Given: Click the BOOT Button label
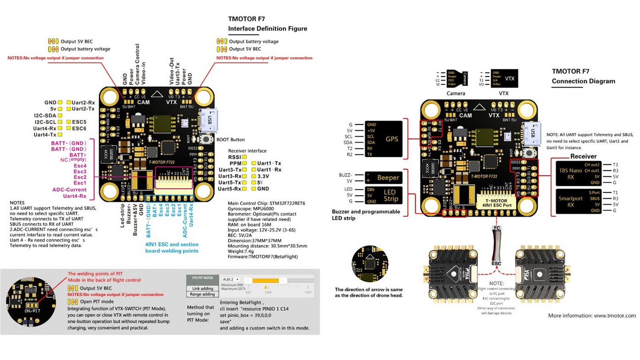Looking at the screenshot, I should (x=231, y=139).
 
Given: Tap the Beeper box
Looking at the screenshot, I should (x=384, y=178).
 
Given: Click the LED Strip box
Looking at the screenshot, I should (x=384, y=195).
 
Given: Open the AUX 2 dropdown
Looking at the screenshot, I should (x=231, y=279).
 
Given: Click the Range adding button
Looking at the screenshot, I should (x=202, y=294).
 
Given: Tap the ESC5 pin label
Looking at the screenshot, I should (x=79, y=121).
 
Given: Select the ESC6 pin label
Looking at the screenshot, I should (x=79, y=128).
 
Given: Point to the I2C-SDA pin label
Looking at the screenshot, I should (x=45, y=115).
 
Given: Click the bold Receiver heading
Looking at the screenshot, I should (x=583, y=156).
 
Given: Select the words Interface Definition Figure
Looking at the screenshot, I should (x=267, y=29).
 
